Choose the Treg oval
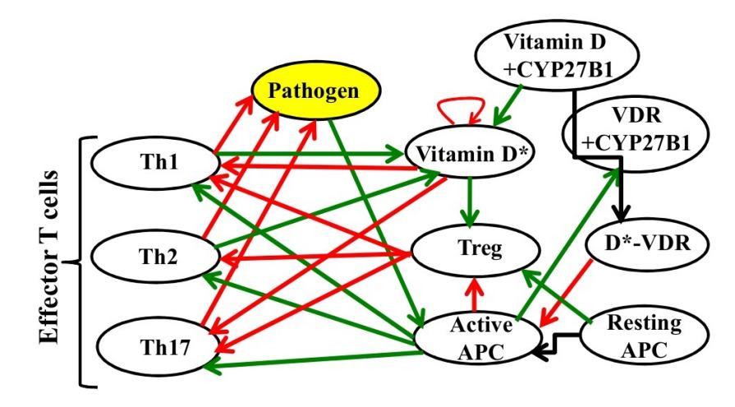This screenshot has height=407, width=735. pos(467,244)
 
